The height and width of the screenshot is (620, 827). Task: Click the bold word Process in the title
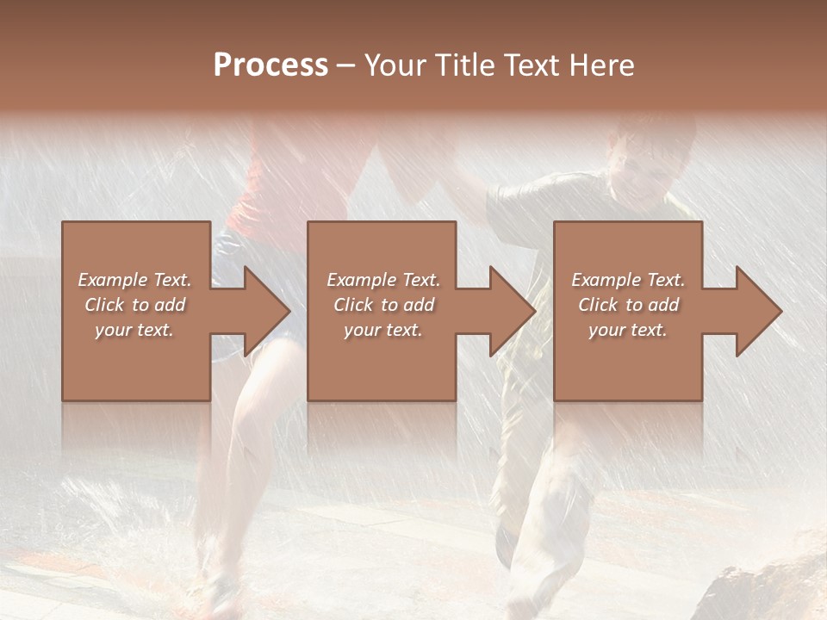pos(270,65)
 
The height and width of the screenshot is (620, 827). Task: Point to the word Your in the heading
pos(395,65)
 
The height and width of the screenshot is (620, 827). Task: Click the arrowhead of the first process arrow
pos(268,311)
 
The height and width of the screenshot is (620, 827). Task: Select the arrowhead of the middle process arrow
pos(513,311)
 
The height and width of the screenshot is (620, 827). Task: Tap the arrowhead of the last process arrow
pos(759,311)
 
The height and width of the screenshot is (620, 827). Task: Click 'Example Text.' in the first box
pos(135,280)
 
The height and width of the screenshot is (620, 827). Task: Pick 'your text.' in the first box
pos(135,330)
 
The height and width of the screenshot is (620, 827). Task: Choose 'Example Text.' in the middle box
pos(383,280)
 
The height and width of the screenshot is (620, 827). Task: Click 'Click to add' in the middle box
pos(383,305)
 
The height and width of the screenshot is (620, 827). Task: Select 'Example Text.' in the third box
pos(628,280)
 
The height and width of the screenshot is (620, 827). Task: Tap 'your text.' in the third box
pos(628,330)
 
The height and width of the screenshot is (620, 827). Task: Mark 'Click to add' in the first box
pos(135,305)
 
